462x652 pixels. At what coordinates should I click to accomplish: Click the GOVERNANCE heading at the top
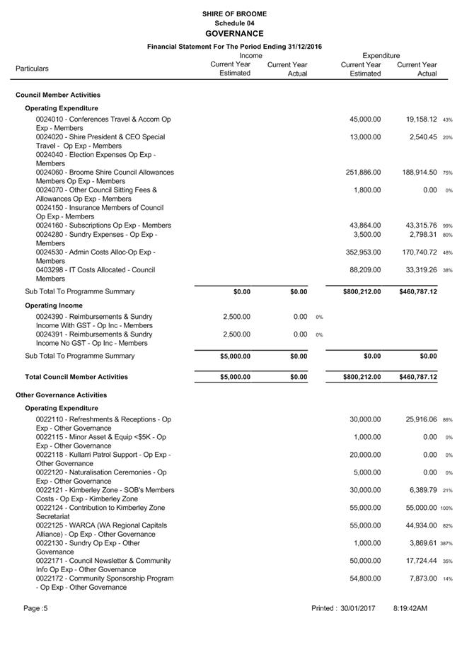(234, 33)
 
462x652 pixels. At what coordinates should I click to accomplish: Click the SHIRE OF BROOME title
(234, 13)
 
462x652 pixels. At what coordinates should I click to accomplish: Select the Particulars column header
(33, 69)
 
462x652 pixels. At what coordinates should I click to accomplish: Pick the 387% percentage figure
(447, 543)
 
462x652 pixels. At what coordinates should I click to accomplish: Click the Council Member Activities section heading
(58, 95)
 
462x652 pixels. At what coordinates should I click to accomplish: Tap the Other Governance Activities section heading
(61, 395)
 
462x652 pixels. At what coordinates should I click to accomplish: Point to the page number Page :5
(35, 607)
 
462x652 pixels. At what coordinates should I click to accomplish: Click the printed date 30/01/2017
(357, 607)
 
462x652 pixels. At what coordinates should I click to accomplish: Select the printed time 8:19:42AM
(410, 607)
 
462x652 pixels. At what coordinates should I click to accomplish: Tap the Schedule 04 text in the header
(234, 23)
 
